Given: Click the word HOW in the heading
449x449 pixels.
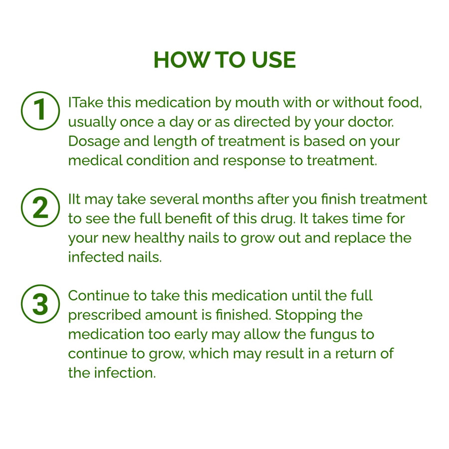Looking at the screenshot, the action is [x=181, y=60].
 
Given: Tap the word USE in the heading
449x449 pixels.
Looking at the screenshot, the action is [x=274, y=60].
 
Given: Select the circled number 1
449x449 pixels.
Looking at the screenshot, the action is [x=40, y=111].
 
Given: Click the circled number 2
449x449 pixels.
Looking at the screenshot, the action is [x=40, y=208].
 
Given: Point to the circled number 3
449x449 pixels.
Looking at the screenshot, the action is [x=40, y=304].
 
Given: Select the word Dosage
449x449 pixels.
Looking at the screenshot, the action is [x=94, y=142].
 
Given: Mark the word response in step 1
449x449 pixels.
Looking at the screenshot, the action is [x=254, y=161].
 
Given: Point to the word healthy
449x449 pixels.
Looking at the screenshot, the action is [x=159, y=238].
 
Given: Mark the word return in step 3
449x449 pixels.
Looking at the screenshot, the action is [x=355, y=354].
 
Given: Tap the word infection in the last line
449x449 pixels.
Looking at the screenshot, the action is [x=125, y=373].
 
